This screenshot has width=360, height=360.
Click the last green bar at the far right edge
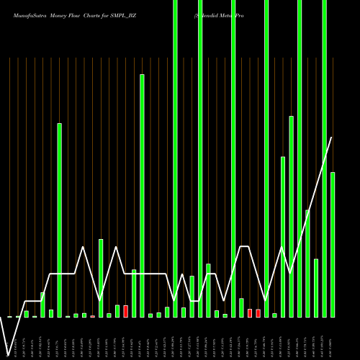pos(333,245)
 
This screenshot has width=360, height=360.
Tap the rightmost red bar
pos(258,313)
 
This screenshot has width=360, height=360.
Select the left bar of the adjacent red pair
pos(250,313)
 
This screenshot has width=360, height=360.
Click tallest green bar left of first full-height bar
pos(142,194)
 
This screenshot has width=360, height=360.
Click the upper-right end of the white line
pos(332,138)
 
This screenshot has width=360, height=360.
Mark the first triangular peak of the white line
pos(84,248)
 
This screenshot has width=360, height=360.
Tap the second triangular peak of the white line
pos(117,248)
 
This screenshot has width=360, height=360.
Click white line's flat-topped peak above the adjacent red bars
pos(244,247)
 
